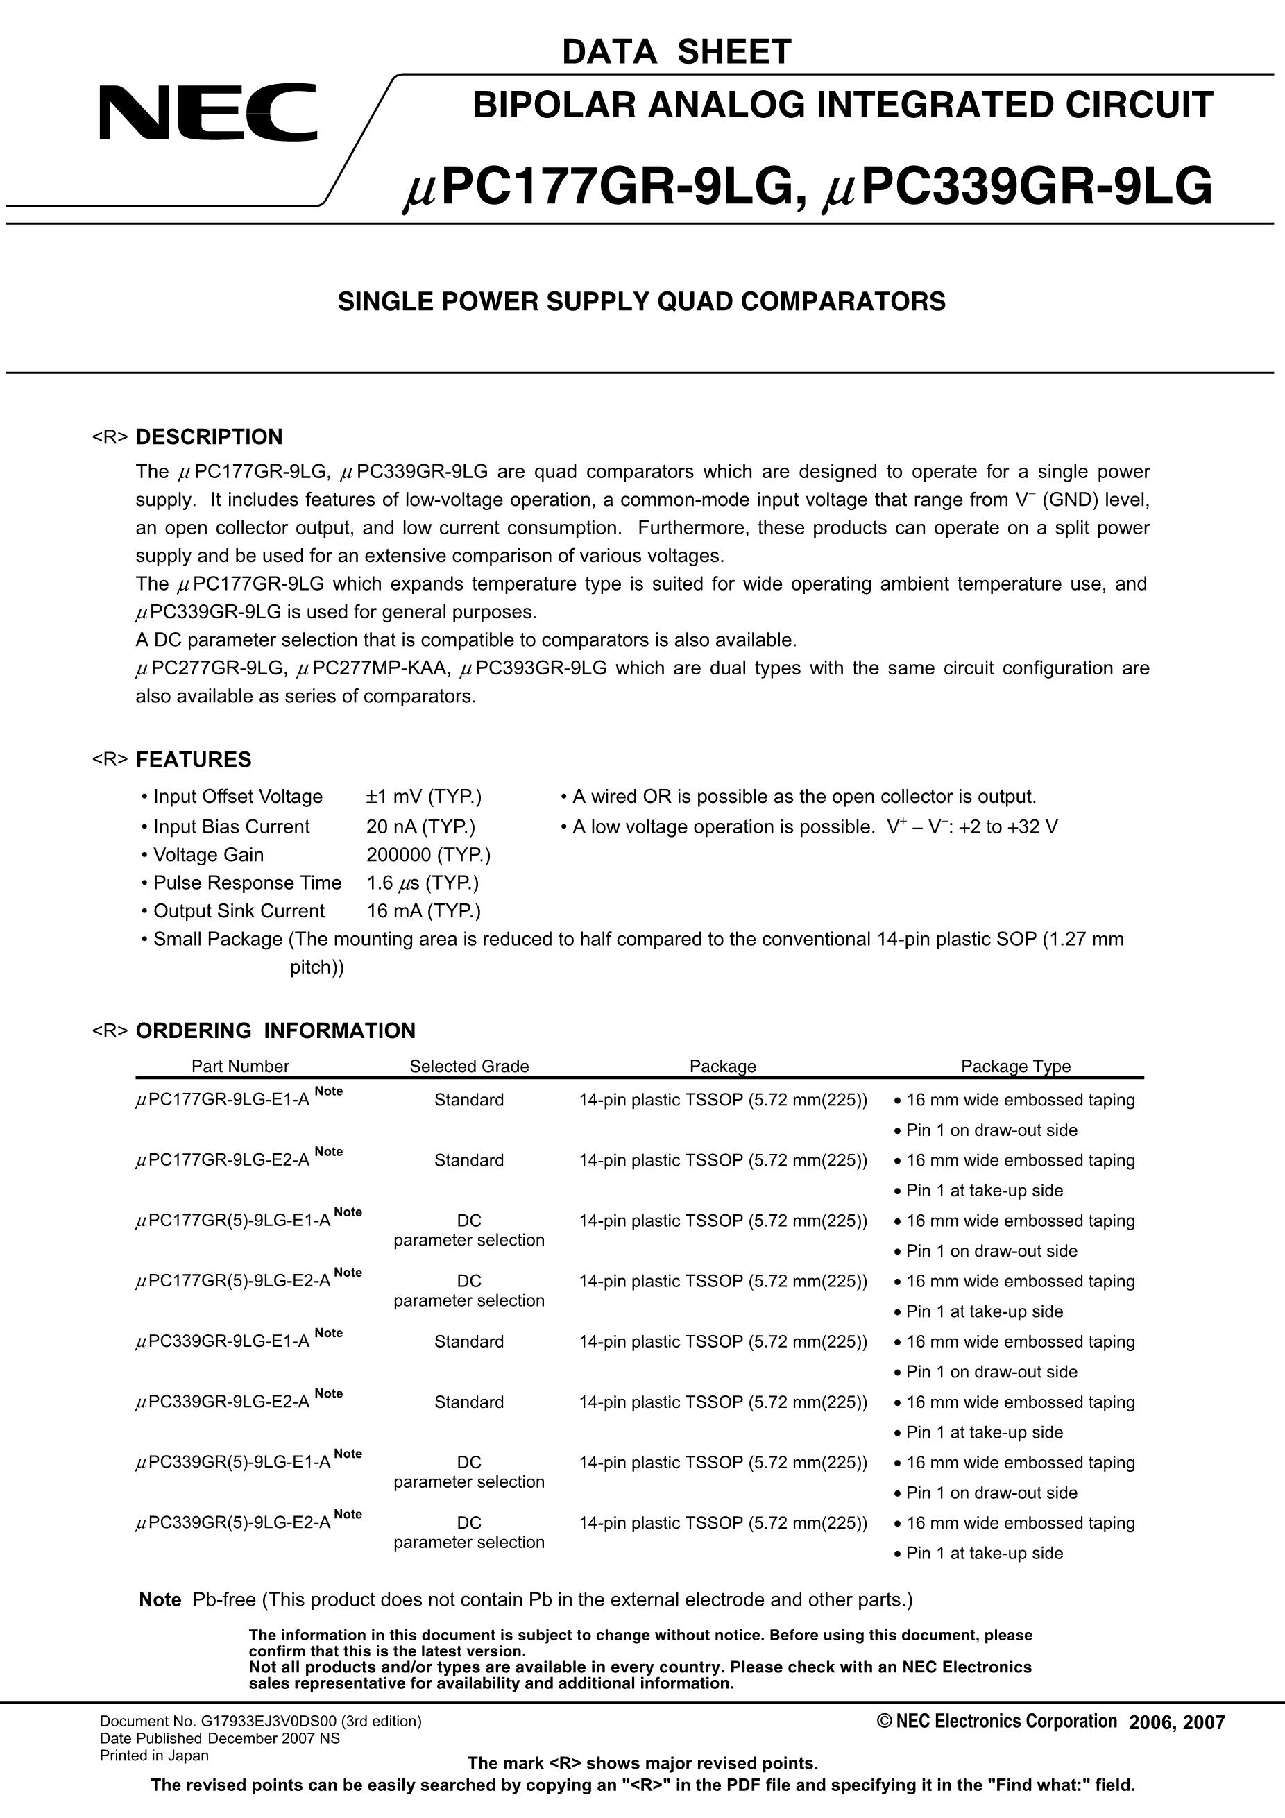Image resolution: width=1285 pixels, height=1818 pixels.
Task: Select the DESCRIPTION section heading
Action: point(209,437)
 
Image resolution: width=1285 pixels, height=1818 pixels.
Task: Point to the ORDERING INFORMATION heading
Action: point(275,1030)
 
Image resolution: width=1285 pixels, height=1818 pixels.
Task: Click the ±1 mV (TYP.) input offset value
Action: point(423,797)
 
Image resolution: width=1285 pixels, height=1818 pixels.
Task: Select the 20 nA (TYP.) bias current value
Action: point(420,826)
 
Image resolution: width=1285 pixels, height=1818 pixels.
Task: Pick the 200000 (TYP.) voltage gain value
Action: point(428,855)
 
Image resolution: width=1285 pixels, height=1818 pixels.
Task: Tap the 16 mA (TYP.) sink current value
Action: point(423,911)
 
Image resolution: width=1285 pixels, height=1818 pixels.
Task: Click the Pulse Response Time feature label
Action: point(247,883)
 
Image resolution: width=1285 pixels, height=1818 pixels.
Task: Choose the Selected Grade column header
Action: point(469,1066)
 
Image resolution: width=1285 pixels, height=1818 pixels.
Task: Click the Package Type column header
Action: point(1015,1066)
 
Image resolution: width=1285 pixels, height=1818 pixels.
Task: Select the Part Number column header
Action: point(240,1066)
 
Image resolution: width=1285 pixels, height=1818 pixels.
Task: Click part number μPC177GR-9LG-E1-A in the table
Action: point(223,1100)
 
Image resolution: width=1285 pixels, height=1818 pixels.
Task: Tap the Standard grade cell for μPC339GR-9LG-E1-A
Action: point(469,1341)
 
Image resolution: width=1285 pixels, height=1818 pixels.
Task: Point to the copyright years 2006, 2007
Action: point(1177,1722)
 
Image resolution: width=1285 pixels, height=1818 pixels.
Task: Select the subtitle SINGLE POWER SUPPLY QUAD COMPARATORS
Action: point(641,302)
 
